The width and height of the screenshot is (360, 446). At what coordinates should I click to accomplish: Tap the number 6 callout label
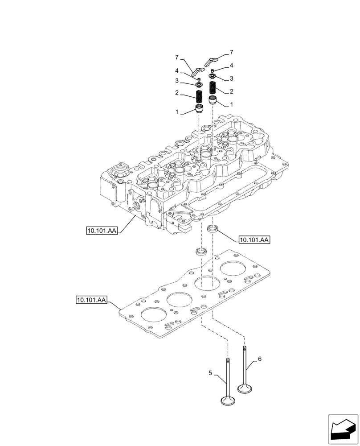260,358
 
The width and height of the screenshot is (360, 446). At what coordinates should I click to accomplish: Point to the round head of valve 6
245,388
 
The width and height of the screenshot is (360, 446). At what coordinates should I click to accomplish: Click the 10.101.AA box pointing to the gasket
91,300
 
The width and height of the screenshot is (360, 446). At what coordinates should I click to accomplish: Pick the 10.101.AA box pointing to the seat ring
254,240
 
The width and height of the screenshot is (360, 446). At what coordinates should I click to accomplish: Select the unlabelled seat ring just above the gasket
202,251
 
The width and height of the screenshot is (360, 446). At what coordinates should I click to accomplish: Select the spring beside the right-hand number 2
213,87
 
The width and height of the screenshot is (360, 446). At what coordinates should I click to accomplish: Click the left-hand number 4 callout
176,71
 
